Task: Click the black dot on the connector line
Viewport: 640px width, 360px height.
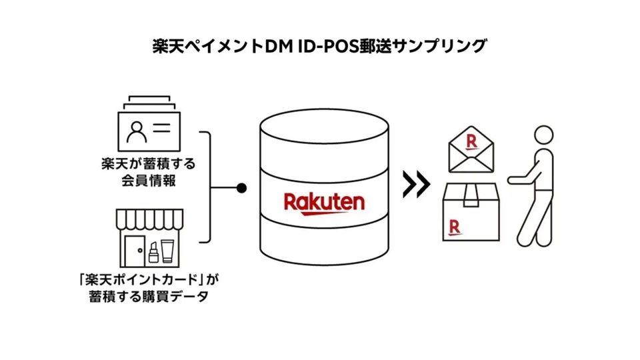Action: pyautogui.click(x=241, y=188)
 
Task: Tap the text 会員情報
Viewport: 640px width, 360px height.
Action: pyautogui.click(x=149, y=180)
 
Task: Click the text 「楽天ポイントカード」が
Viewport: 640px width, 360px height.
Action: pyautogui.click(x=149, y=279)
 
